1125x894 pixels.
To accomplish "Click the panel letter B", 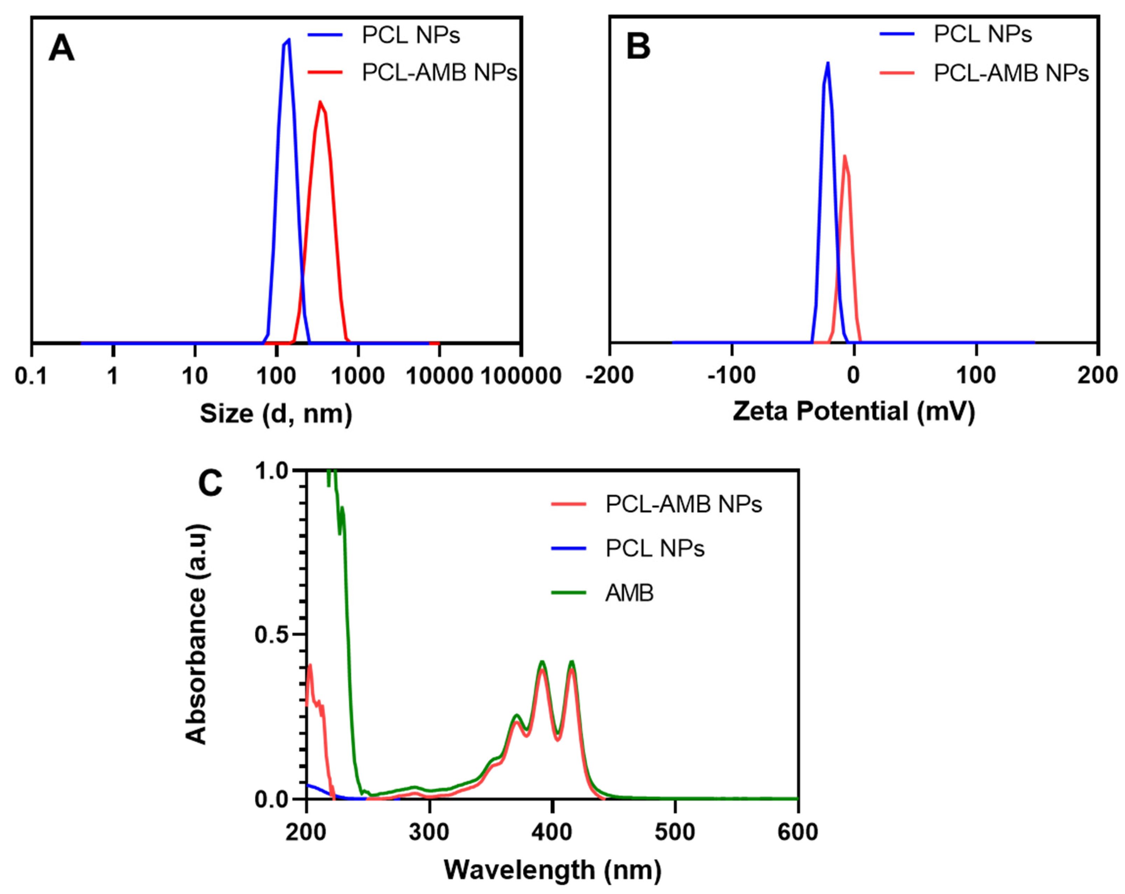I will click(638, 47).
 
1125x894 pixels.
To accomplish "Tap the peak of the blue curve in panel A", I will click(289, 40).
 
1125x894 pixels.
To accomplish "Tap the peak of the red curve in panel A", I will click(320, 102).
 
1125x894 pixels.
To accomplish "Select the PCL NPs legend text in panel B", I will click(983, 34).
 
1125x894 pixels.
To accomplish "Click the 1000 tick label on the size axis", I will click(358, 376).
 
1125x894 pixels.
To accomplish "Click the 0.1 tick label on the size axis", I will click(31, 376).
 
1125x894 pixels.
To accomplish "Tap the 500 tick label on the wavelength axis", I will click(675, 832).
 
